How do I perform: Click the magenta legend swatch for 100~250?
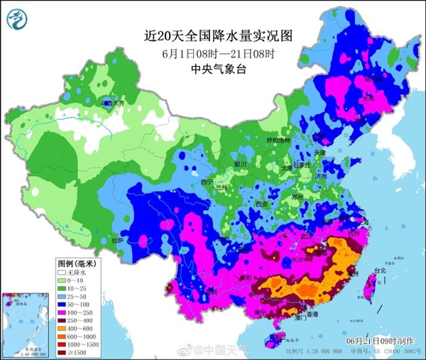click(x=62, y=313)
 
